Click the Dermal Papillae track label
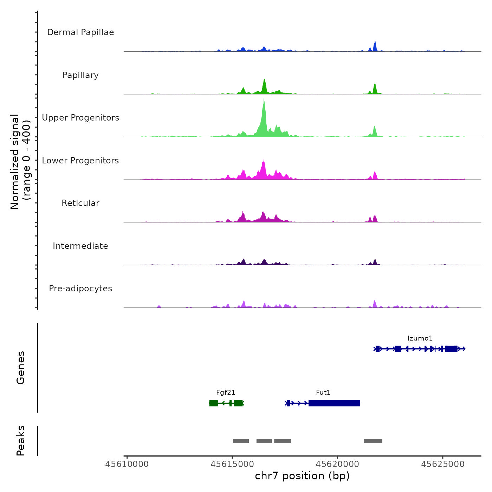point(80,32)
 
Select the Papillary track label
point(80,75)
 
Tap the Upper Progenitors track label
point(80,118)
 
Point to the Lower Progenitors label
point(80,161)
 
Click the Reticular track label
point(80,203)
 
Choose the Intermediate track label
point(80,246)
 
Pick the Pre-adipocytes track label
point(80,289)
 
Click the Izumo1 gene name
point(420,338)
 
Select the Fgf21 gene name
point(226,393)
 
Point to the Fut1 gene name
point(323,393)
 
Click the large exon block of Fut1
point(334,403)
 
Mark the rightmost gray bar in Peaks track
point(373,441)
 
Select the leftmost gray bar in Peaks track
point(241,441)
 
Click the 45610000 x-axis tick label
point(127,464)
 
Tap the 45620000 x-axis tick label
point(337,464)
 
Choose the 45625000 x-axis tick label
point(443,464)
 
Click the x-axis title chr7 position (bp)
point(302,476)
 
